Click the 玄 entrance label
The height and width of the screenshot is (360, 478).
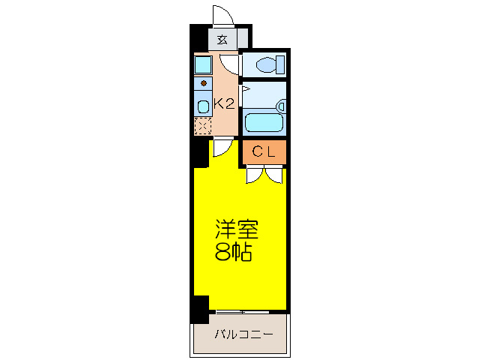223,40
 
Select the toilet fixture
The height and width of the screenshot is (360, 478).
267,64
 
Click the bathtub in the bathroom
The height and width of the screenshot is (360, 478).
264,120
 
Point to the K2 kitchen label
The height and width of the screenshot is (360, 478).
225,104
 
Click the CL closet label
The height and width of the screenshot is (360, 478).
264,152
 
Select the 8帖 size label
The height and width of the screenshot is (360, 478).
234,253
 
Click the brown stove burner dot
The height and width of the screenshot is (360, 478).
203,83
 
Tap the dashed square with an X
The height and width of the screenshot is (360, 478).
203,126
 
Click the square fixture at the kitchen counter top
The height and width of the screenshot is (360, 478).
203,65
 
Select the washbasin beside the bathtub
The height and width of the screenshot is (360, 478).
281,106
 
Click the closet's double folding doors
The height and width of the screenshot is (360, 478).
264,175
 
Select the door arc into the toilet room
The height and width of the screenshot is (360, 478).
232,66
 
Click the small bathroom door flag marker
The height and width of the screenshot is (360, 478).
245,88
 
